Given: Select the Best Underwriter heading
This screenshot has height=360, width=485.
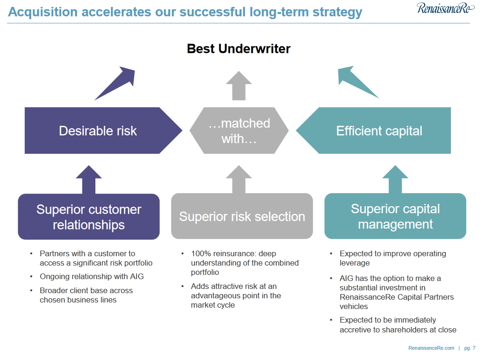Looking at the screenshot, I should [x=239, y=49].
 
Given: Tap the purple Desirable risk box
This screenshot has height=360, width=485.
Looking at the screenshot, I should [x=98, y=130].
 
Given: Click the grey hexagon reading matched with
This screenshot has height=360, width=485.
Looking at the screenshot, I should [x=239, y=130].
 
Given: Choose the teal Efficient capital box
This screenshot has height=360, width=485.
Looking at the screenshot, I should [x=379, y=130].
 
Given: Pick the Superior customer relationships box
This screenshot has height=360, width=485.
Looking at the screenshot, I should [x=89, y=217].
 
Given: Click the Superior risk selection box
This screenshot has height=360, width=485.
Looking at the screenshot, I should [x=242, y=216].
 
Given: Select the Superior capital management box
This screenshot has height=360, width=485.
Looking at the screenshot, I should [x=395, y=216].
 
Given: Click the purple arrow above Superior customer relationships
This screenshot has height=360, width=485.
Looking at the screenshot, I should [x=89, y=180].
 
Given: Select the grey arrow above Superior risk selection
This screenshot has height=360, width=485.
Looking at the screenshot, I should [x=239, y=180].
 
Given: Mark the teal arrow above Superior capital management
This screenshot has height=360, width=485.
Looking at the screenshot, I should [x=395, y=180].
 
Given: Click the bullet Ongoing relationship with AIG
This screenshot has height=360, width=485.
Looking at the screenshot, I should [x=92, y=276].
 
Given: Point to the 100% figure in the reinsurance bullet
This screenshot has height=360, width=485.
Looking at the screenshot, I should [x=200, y=253].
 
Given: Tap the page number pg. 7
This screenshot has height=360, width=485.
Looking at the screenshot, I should [x=470, y=348].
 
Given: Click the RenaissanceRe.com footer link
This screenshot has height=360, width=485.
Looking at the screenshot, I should [x=431, y=348].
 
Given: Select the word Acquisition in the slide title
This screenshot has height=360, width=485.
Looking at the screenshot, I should [x=42, y=12].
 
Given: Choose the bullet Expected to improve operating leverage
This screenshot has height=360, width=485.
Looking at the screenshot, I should [x=393, y=258].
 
